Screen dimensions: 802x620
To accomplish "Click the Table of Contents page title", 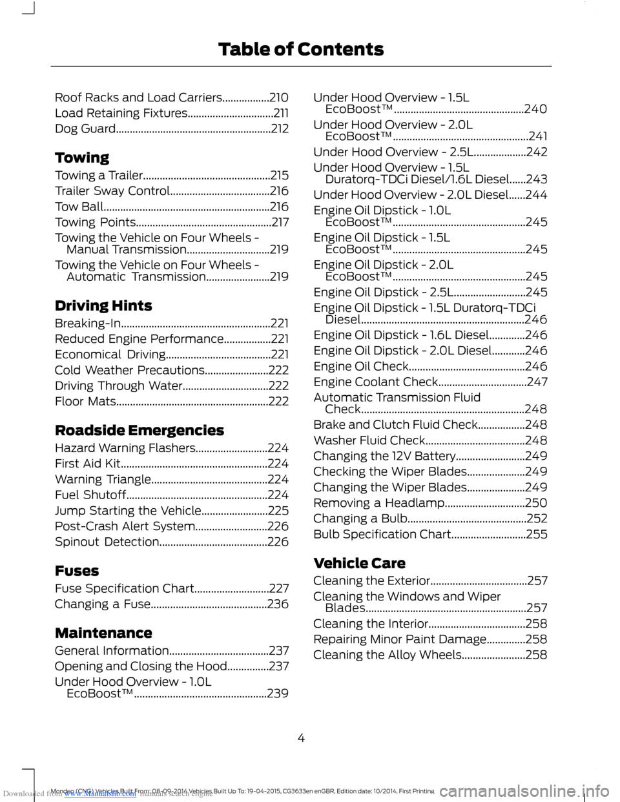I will coord(301,50).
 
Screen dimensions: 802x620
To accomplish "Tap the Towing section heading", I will coord(82,158).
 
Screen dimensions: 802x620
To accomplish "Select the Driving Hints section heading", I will coord(103,306).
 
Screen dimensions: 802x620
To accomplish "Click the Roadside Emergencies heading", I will coord(139,431).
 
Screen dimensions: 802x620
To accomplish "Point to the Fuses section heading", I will coord(77,571).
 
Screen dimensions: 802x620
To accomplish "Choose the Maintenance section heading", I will coord(103,633).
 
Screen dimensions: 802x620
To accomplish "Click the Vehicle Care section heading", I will coord(359,564).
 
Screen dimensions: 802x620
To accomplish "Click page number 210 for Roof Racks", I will coord(278,98).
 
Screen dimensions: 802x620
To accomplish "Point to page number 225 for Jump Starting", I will coord(278,511).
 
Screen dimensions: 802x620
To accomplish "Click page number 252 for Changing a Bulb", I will coord(537,519).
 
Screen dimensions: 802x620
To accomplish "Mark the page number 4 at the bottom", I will coord(301,738).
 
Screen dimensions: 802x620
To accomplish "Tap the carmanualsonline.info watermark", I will coord(527,791).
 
